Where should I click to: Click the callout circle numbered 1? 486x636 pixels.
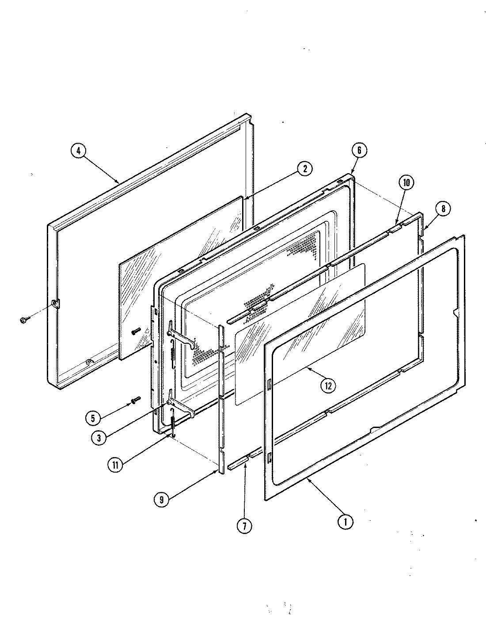[345, 522]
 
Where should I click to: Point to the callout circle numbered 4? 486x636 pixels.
[78, 151]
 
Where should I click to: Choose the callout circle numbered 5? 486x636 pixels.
[94, 417]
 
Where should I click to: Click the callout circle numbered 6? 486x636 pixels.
[359, 150]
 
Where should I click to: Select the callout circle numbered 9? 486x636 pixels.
[162, 499]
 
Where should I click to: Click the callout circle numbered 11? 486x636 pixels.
[115, 465]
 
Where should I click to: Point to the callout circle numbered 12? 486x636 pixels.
[327, 385]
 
